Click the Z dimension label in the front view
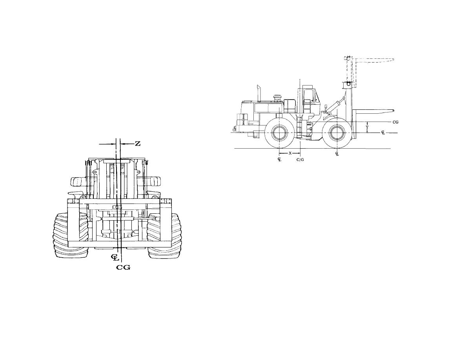coord(138,144)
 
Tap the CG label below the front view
coord(123,267)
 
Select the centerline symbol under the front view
coord(115,257)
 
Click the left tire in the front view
coord(71,235)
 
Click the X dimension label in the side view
coord(290,153)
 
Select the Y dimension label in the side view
coord(367,127)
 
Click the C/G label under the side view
coord(300,160)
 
